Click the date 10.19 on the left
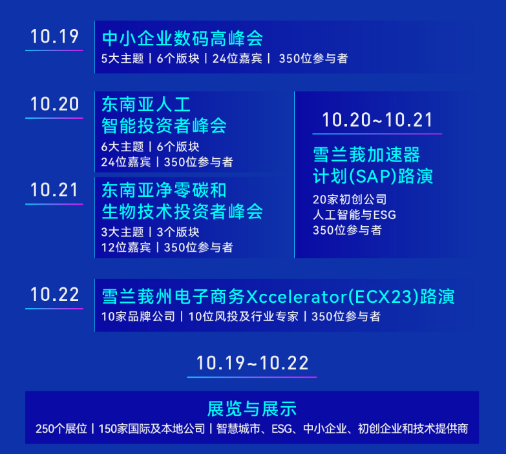54,36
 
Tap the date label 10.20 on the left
54,104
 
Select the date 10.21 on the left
54,190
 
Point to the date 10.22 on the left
54,294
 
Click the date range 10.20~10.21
377,120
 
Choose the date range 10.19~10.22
252,363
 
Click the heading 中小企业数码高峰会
182,39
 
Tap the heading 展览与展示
252,409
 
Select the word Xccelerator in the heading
297,296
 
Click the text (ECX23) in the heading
384,296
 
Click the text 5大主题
122,59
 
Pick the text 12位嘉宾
126,247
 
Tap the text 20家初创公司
350,200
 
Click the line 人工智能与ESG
354,215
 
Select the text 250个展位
61,429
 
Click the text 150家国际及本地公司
152,429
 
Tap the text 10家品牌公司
138,316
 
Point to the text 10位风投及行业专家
244,316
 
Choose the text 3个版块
178,232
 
